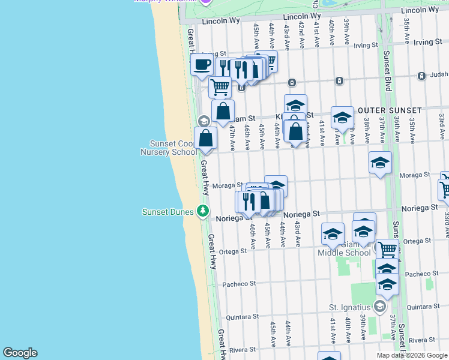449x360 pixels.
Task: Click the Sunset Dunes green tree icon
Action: click(x=203, y=211)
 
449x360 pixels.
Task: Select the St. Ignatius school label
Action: click(x=350, y=307)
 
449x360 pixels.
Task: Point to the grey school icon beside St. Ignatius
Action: click(x=379, y=307)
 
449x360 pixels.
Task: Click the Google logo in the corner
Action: click(x=20, y=353)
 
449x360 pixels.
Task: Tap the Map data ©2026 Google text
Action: click(x=411, y=355)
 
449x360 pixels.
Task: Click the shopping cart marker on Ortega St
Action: click(x=388, y=248)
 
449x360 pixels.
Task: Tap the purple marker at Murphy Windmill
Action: click(x=206, y=2)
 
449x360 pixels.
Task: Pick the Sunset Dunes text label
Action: click(x=167, y=211)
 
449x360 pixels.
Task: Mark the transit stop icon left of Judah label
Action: click(x=340, y=81)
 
